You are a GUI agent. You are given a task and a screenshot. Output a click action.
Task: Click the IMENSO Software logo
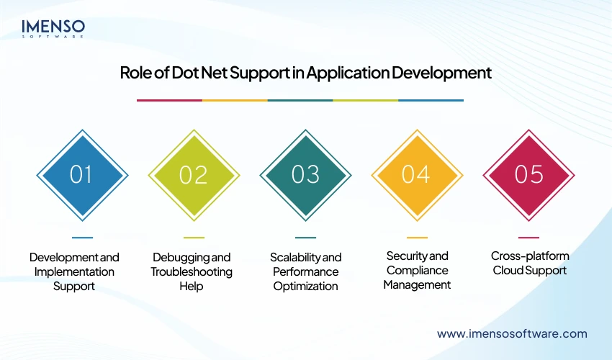point(53,27)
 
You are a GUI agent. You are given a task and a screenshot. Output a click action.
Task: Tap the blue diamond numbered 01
point(82,175)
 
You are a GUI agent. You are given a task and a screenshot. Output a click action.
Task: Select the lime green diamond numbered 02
point(194,175)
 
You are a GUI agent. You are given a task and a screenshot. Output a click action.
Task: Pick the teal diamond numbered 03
point(305,175)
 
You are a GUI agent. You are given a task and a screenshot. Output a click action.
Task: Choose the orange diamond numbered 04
point(417,175)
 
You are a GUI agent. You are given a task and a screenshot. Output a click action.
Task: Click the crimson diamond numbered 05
point(528,175)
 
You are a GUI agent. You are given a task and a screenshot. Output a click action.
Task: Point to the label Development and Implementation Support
point(74,271)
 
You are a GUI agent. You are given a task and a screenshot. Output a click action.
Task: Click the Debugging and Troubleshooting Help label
point(192,271)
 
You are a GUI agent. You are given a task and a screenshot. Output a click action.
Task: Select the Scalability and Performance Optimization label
point(306,271)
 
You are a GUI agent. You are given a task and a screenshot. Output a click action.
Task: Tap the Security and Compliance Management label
point(417,270)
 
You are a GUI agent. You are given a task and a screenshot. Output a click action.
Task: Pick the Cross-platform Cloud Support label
point(529,263)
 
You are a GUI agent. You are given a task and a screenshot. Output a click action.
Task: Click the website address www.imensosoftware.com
point(512,333)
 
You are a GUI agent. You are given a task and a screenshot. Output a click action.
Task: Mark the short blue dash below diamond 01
point(82,237)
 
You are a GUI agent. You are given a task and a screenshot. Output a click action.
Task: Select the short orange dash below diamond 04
point(417,237)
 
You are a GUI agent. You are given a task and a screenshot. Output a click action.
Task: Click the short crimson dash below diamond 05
point(528,237)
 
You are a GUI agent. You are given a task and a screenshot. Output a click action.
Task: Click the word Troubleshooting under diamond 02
point(192,271)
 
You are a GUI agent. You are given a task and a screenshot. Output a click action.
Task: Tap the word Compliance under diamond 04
point(417,270)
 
